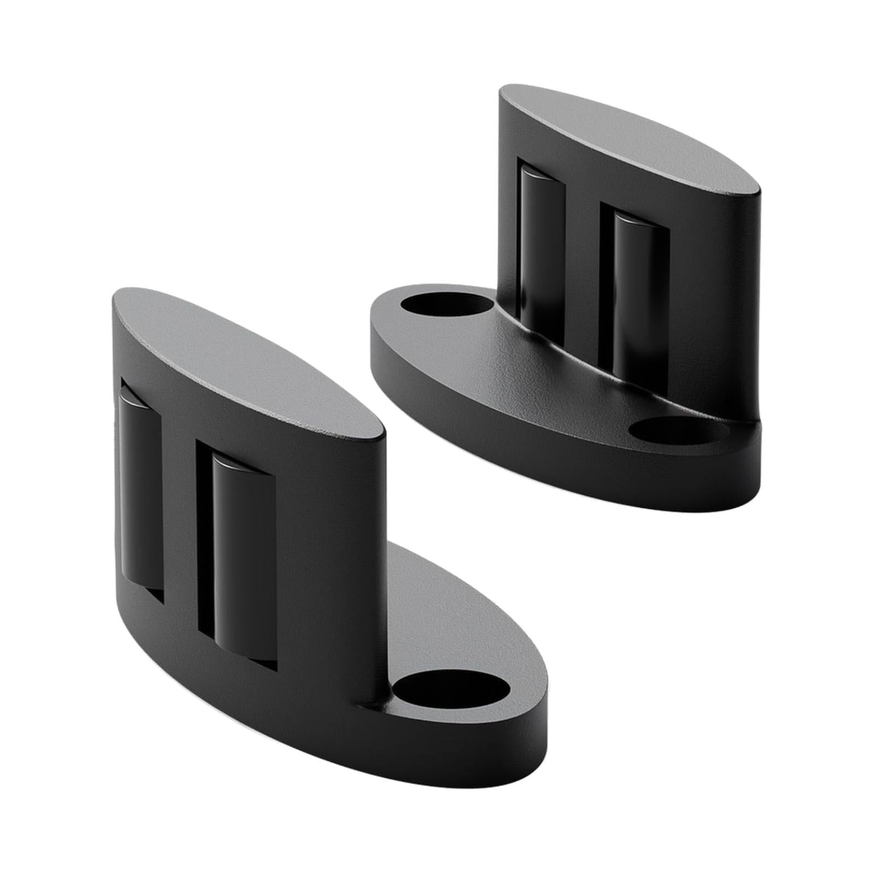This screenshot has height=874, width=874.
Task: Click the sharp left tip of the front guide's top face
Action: (116, 298)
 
